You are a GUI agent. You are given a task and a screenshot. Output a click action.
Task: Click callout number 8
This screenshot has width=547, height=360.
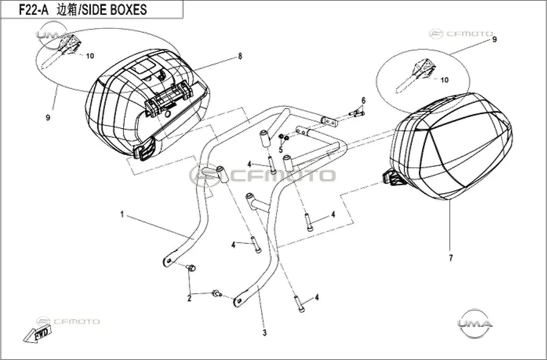pos(240,56)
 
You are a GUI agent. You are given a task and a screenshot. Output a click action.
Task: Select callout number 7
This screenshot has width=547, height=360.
pos(451,258)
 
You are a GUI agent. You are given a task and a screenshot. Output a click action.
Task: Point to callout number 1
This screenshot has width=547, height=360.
pos(122,215)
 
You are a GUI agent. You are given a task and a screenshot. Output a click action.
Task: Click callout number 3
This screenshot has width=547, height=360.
pos(264,333)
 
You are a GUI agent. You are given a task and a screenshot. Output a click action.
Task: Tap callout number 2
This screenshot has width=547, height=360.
pos(190,299)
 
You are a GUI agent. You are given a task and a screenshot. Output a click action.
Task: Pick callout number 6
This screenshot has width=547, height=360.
pos(363,100)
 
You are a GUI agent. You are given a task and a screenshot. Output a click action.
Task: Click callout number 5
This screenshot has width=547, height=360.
pos(280,150)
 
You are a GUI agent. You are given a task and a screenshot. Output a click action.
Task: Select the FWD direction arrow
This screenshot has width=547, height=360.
pos(38,334)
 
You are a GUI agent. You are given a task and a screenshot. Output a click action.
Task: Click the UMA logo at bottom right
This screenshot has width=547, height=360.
pos(475,324)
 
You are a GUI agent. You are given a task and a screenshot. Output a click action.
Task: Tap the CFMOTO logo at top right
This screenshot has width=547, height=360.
pos(461,34)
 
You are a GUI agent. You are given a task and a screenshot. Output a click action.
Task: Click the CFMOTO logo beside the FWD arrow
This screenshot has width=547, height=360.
pos(68,321)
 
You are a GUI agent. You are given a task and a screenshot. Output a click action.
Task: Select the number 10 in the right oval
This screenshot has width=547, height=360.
pos(444,80)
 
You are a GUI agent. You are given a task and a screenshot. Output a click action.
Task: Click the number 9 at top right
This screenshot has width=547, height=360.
pos(494,40)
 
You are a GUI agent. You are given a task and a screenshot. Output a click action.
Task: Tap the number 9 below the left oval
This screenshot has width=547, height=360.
pos(48,118)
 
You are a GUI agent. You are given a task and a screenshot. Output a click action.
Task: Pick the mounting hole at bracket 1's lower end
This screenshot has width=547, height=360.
pos(168,261)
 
